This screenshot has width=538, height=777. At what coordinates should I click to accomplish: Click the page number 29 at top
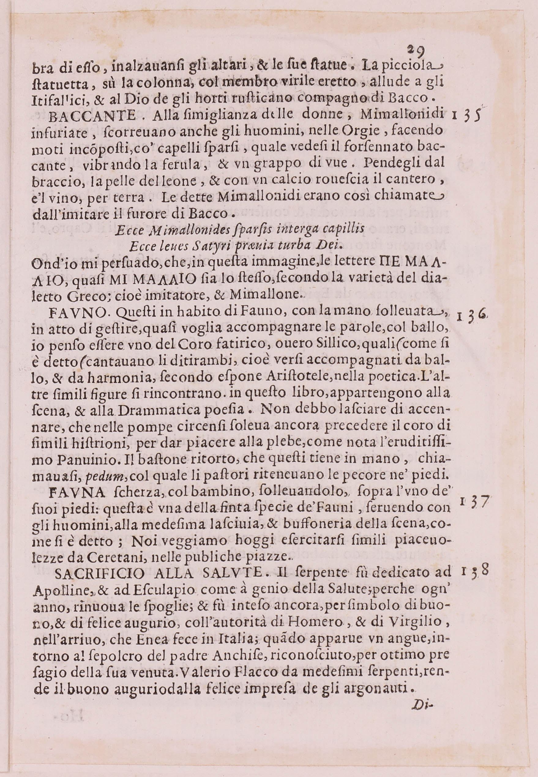(416, 51)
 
